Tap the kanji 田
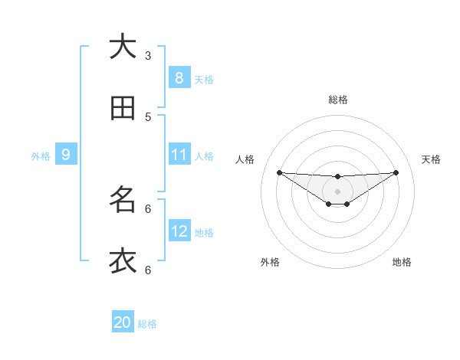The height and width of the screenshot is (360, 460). tap(123, 108)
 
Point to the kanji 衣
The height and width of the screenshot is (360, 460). tap(123, 260)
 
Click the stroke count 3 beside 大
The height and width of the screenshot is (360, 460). tap(148, 55)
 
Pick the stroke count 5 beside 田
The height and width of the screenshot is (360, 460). tap(148, 116)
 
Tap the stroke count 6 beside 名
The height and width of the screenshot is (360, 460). tap(148, 208)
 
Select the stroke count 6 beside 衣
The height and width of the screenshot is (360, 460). tap(148, 270)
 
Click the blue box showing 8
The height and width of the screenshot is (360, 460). tap(179, 77)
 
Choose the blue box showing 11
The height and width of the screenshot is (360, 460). tap(179, 155)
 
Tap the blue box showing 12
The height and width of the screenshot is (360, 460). tap(179, 231)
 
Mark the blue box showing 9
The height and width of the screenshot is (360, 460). tap(66, 155)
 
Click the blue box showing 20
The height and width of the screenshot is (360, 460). tap(123, 322)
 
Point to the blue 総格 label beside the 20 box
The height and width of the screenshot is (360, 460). tap(147, 324)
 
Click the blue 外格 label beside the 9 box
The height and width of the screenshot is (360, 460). tap(41, 156)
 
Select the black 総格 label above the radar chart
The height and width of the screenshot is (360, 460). tap(338, 100)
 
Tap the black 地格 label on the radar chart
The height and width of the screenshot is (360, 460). tap(402, 262)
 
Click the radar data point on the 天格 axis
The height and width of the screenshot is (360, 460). tap(396, 172)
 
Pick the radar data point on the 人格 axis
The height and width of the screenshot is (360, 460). tap(279, 172)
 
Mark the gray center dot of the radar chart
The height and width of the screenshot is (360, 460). tap(338, 191)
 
